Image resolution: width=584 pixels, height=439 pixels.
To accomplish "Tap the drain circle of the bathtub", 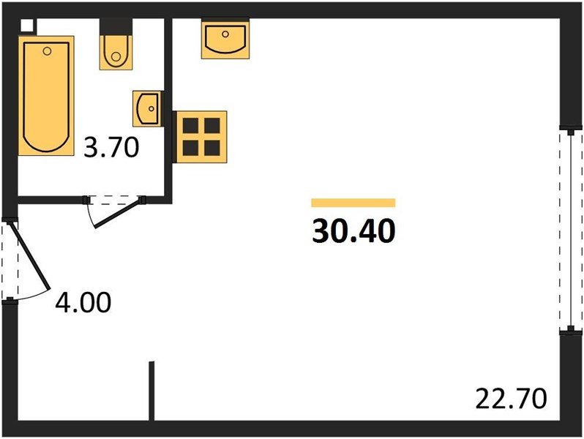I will pyautogui.click(x=48, y=51).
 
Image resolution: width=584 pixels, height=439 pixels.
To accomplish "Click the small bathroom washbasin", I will pyautogui.click(x=146, y=108).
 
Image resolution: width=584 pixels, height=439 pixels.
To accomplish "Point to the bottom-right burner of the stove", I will pyautogui.click(x=212, y=148).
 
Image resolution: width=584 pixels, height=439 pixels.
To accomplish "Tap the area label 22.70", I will pyautogui.click(x=511, y=399).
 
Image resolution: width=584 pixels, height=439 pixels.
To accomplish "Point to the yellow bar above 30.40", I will pyautogui.click(x=353, y=203).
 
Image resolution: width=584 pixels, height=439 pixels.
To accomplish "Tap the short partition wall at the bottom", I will pyautogui.click(x=151, y=391).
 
